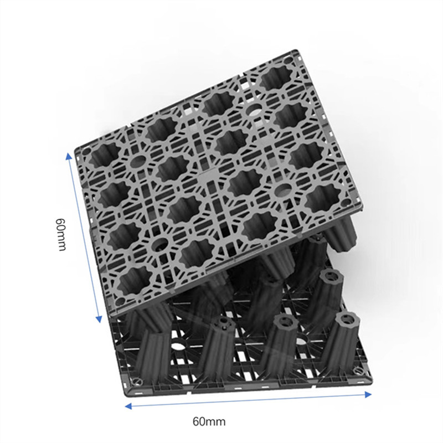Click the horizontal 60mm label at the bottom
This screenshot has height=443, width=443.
pyautogui.click(x=209, y=421)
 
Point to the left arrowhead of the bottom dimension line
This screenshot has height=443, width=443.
pyautogui.click(x=127, y=406)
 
